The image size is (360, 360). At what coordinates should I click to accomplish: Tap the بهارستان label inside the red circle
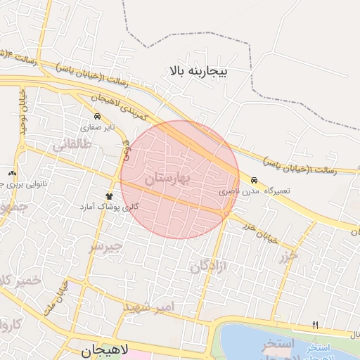pyautogui.click(x=167, y=179)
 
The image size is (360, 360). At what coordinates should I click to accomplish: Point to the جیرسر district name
pyautogui.click(x=106, y=246)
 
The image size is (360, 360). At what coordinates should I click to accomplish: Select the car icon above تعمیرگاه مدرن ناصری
pyautogui.click(x=254, y=180)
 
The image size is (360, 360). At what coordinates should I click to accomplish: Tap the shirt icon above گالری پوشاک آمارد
pyautogui.click(x=109, y=196)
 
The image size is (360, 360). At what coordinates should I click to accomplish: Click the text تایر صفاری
pyautogui.click(x=97, y=128)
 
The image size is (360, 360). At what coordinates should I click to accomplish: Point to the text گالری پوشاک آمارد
pyautogui.click(x=111, y=207)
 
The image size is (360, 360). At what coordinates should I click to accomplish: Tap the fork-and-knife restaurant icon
pyautogui.click(x=315, y=325)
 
